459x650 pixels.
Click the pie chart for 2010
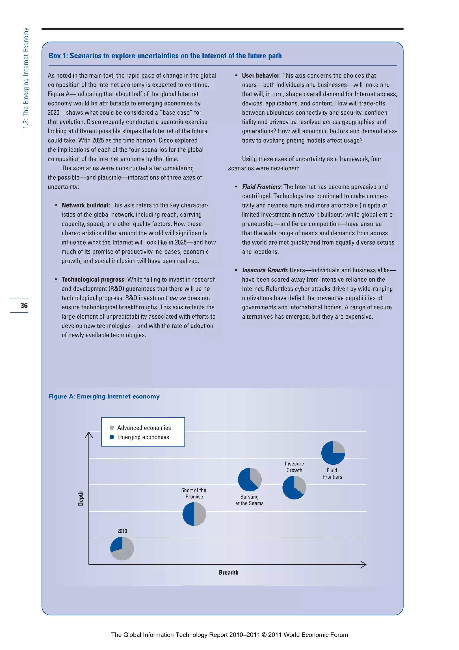[x=122, y=548]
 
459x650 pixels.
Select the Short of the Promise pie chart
[x=194, y=514]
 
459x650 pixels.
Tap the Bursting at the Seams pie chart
[x=250, y=479]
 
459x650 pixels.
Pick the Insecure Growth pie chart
[x=294, y=488]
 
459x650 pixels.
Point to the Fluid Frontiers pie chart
[x=333, y=453]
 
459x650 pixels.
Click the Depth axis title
[x=81, y=499]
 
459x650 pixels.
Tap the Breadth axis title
[x=229, y=572]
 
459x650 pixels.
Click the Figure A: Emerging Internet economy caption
[x=104, y=396]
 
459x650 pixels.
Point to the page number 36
[x=24, y=305]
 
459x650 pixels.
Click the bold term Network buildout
[x=85, y=205]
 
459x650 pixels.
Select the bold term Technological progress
[x=93, y=279]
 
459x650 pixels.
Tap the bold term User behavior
[x=261, y=76]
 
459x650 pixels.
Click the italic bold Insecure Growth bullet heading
[x=265, y=270]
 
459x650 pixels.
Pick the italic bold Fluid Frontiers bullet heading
[x=261, y=187]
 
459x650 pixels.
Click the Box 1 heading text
[x=165, y=56]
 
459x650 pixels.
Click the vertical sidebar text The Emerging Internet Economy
[x=26, y=78]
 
